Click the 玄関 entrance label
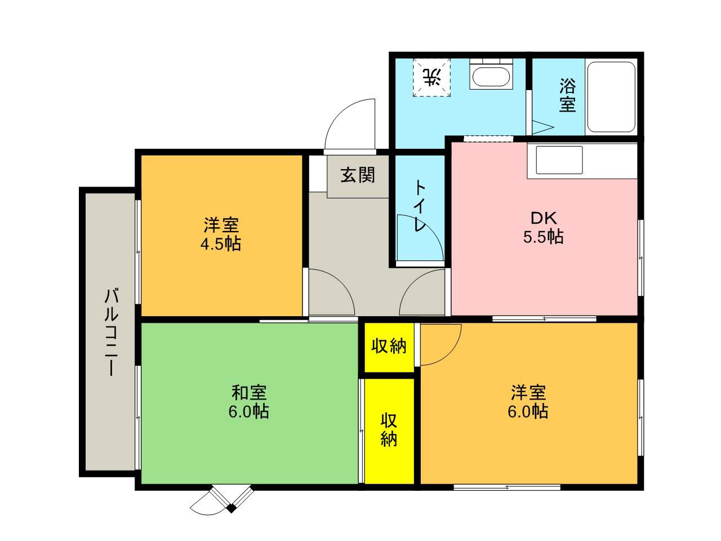pyautogui.click(x=357, y=175)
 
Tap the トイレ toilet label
pyautogui.click(x=420, y=206)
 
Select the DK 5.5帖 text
pyautogui.click(x=544, y=227)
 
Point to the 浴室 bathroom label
pyautogui.click(x=568, y=95)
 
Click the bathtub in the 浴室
pyautogui.click(x=611, y=97)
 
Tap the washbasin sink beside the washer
pyautogui.click(x=491, y=74)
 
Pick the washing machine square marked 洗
pyautogui.click(x=431, y=78)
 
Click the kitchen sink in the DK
pyautogui.click(x=559, y=160)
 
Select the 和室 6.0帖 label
pyautogui.click(x=248, y=402)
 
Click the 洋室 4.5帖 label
pyautogui.click(x=221, y=234)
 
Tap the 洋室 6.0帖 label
pyautogui.click(x=528, y=402)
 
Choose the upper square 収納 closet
pyautogui.click(x=389, y=348)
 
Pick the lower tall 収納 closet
pyautogui.click(x=389, y=431)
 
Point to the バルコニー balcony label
pyautogui.click(x=112, y=332)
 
